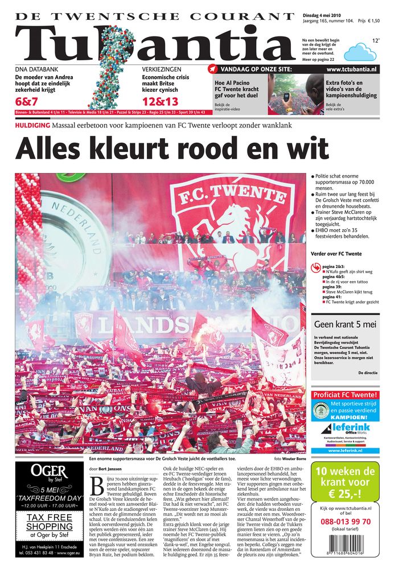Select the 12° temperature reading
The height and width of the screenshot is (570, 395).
(x=376, y=41)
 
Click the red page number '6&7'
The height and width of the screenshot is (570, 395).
(x=27, y=102)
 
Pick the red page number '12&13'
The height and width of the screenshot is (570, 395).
(x=160, y=102)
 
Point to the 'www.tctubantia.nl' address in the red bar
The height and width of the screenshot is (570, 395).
(x=351, y=69)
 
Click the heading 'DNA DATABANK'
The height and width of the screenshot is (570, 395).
(x=35, y=69)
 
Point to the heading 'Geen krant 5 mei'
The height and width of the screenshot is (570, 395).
(x=345, y=324)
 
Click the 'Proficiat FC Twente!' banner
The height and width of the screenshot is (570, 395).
(x=345, y=395)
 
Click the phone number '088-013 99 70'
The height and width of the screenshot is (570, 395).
(x=345, y=521)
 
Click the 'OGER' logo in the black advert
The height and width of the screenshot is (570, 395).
(x=50, y=470)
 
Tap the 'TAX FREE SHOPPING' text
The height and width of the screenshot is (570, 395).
(x=50, y=522)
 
